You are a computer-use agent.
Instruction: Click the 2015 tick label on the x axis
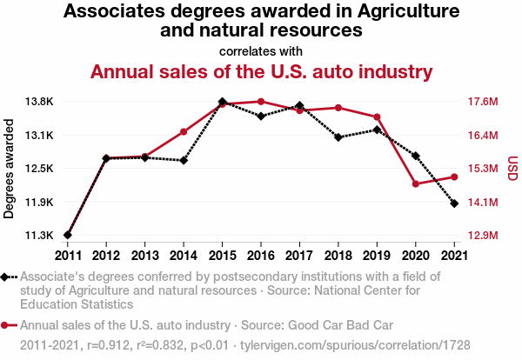(222, 255)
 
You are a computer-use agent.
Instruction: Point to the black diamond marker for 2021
(454, 203)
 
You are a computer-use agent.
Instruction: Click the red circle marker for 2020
(416, 184)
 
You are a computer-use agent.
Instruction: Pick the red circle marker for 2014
(184, 132)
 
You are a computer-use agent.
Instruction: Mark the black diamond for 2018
(338, 137)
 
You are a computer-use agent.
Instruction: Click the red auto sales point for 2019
(377, 117)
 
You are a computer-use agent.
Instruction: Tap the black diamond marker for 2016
(261, 116)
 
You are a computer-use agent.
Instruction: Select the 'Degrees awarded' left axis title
(10, 168)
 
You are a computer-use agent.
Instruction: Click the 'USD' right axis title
(512, 168)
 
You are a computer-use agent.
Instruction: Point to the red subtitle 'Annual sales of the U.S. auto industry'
(261, 70)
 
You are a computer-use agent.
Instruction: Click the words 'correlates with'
(261, 50)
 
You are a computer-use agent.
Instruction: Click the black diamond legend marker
(7, 277)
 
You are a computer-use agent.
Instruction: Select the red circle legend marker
(7, 325)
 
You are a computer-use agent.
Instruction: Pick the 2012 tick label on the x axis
(106, 255)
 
